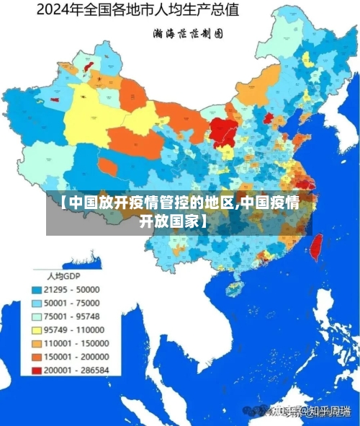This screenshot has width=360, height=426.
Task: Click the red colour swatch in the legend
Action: pos(36,370)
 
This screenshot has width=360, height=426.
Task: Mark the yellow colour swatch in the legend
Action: pos(36,329)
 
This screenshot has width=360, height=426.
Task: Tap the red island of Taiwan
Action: pos(315,247)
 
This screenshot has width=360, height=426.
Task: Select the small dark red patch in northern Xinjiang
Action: pos(89,66)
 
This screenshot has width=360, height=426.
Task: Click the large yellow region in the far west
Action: pos(86,115)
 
